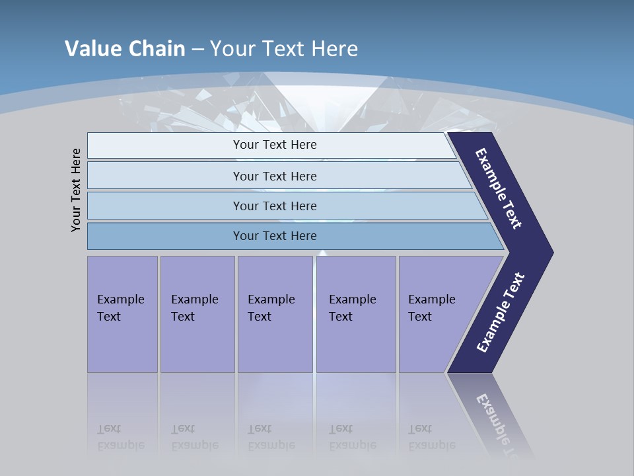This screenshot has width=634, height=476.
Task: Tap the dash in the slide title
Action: (197, 50)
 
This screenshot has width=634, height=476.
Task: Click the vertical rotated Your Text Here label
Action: (76, 190)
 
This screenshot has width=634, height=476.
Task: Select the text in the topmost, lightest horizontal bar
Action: (275, 145)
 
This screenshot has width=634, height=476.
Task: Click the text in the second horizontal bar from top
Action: (275, 177)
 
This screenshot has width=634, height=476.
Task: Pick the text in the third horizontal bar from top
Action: (275, 206)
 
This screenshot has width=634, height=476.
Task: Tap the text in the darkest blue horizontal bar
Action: (275, 236)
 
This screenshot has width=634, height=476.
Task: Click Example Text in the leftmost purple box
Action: (120, 308)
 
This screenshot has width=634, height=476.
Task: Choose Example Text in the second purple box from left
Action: (194, 308)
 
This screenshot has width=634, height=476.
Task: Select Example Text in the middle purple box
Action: (271, 308)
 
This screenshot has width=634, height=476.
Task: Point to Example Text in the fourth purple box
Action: (352, 308)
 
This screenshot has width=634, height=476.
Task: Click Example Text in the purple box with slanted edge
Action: (431, 308)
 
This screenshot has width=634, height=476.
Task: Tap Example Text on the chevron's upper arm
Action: (499, 188)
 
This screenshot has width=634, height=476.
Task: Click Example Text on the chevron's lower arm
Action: (500, 313)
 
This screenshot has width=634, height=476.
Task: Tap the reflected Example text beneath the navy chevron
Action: (497, 423)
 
